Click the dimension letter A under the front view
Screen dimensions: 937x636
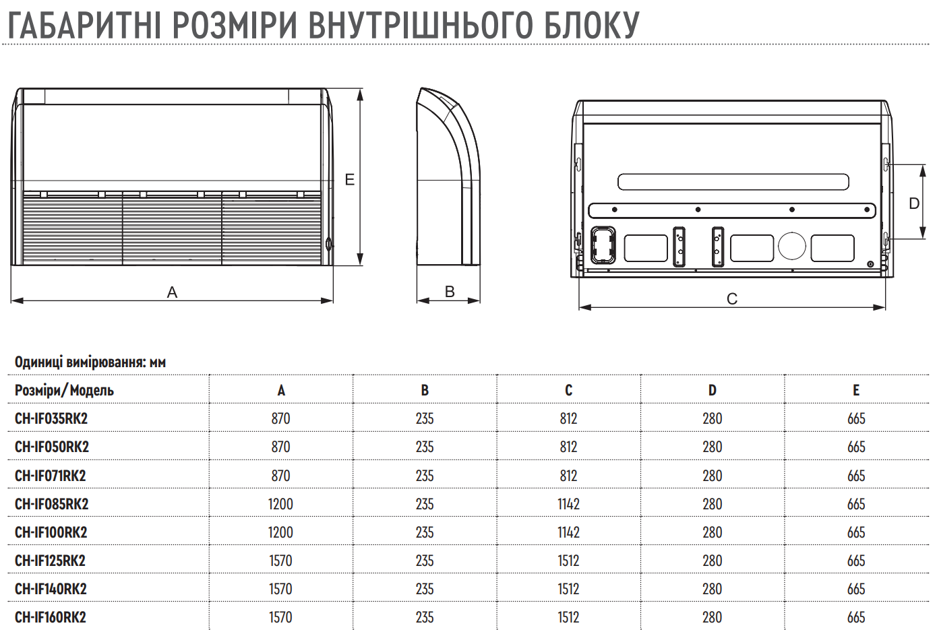(172, 292)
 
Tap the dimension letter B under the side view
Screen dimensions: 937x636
(450, 292)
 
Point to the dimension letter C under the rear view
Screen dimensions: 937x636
(732, 298)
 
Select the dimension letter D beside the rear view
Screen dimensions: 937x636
(914, 203)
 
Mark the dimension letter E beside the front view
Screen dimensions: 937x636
(350, 179)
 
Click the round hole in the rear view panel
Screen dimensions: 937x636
(792, 247)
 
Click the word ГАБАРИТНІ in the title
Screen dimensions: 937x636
(84, 26)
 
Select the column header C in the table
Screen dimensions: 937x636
(568, 390)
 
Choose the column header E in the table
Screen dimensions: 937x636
(856, 390)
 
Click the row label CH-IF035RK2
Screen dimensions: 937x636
(51, 418)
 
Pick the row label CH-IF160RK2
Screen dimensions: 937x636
(50, 617)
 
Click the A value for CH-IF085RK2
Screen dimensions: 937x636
(280, 504)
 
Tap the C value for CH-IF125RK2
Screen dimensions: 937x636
(568, 561)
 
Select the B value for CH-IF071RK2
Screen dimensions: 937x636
(425, 476)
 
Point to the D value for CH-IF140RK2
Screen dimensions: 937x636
(713, 589)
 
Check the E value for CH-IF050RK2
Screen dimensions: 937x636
(856, 447)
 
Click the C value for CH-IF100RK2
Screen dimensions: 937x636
(568, 532)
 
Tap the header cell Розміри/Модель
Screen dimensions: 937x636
(64, 391)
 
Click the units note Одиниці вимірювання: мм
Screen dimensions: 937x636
(90, 362)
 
